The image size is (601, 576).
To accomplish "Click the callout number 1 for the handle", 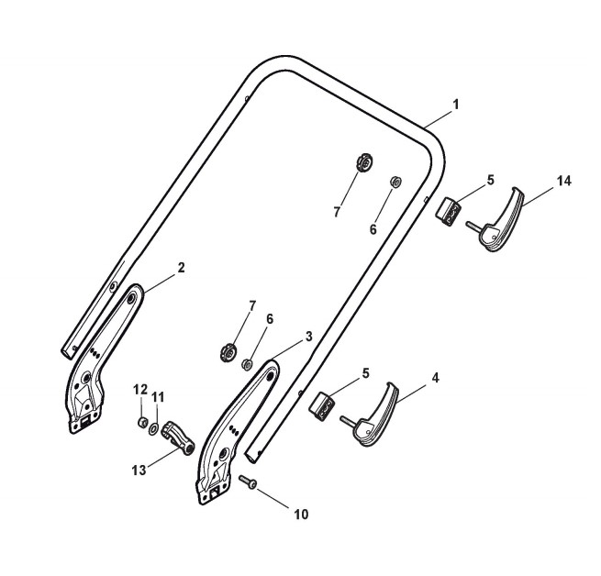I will click(x=455, y=105).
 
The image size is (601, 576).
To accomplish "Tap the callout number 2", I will click(x=181, y=268).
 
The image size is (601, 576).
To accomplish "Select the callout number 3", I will click(x=309, y=337).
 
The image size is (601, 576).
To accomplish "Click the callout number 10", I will click(x=301, y=515).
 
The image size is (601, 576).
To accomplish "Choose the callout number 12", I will click(x=140, y=389).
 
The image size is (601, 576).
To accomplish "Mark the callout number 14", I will click(x=563, y=181).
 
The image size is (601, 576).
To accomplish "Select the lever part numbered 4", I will click(x=376, y=417).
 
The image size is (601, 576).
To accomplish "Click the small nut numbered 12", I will click(x=143, y=422).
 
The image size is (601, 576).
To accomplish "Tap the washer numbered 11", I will click(x=156, y=428).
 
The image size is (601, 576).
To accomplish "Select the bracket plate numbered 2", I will click(x=101, y=358).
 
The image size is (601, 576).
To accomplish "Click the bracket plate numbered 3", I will click(x=236, y=431).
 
